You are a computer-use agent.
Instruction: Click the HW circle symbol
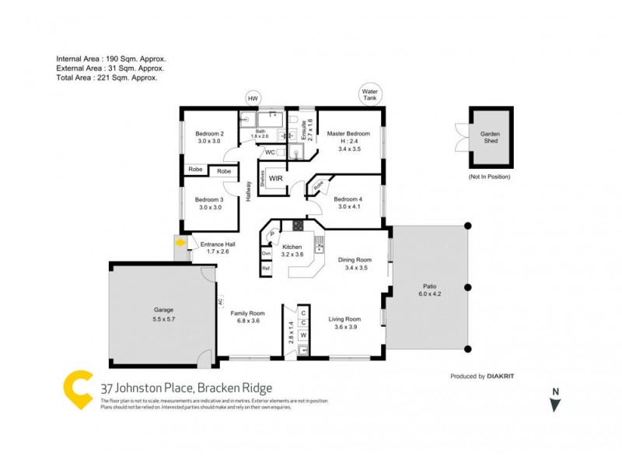tap(252, 99)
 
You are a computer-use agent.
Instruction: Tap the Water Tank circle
tap(369, 94)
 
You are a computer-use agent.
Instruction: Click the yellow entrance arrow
tap(180, 243)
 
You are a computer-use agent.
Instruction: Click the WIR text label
tap(275, 178)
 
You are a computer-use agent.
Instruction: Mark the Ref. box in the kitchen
tap(266, 269)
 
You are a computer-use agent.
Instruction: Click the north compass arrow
tap(554, 404)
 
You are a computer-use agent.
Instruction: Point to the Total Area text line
tap(107, 78)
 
